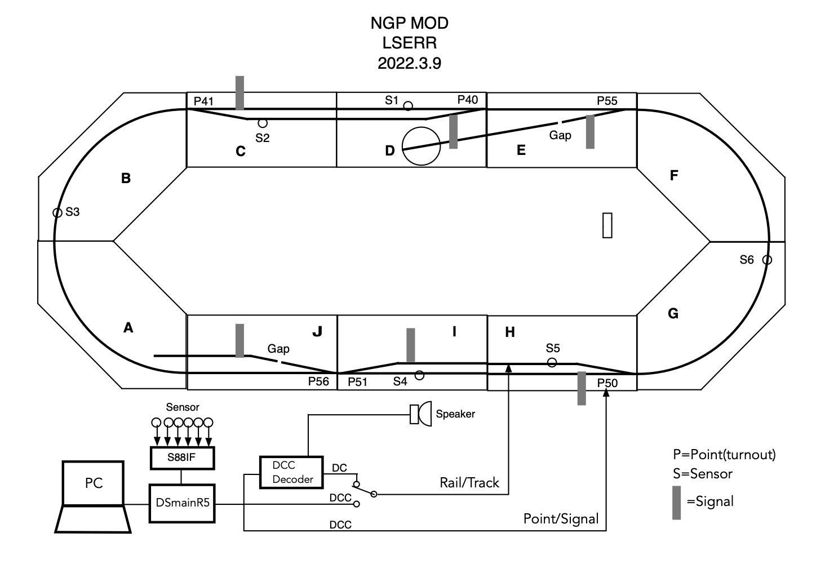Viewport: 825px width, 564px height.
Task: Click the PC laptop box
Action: pyautogui.click(x=94, y=483)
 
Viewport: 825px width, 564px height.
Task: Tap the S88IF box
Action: pyautogui.click(x=181, y=458)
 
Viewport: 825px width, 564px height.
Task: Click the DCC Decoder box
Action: pyautogui.click(x=291, y=472)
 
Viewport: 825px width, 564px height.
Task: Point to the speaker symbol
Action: pyautogui.click(x=420, y=414)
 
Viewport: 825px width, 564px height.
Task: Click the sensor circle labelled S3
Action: pyautogui.click(x=57, y=213)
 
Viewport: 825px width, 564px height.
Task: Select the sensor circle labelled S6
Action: pyautogui.click(x=767, y=260)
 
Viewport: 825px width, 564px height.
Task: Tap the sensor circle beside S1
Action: pyautogui.click(x=408, y=105)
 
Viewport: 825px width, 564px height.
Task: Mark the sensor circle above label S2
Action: pyautogui.click(x=262, y=123)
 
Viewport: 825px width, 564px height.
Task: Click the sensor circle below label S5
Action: pyautogui.click(x=552, y=362)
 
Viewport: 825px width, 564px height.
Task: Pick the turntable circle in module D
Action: pyautogui.click(x=421, y=146)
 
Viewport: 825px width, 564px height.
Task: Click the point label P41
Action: pyautogui.click(x=203, y=101)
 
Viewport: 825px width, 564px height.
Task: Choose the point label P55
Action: pyautogui.click(x=607, y=101)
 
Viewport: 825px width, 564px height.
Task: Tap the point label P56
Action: pyautogui.click(x=318, y=381)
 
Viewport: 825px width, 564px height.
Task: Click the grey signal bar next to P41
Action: pyautogui.click(x=240, y=93)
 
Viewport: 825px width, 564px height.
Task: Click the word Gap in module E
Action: pyautogui.click(x=560, y=135)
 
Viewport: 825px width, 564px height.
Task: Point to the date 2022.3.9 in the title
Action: pyautogui.click(x=409, y=63)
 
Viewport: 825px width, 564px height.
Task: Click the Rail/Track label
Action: pyautogui.click(x=469, y=483)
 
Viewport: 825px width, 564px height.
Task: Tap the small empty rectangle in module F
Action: pyautogui.click(x=607, y=225)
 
